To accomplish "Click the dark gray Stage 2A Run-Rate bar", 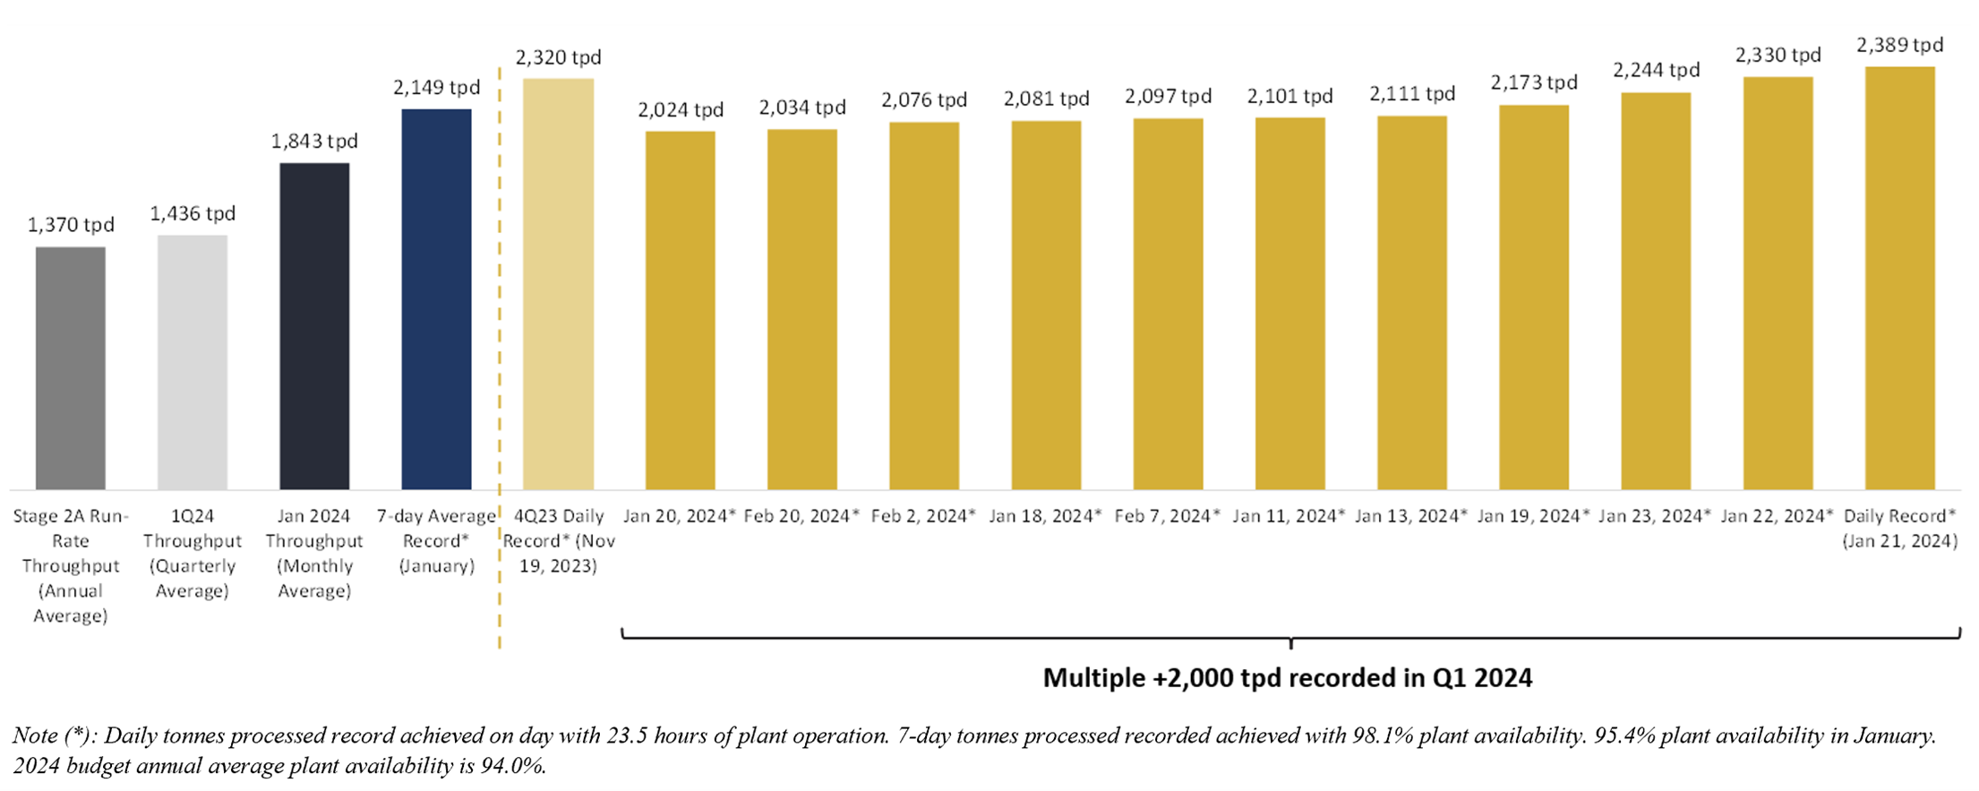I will [x=71, y=367].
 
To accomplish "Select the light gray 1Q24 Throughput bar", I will [x=193, y=362].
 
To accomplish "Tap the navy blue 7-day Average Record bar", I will [x=436, y=299].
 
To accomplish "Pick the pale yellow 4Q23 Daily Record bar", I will [x=558, y=284].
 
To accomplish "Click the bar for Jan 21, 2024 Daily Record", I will [x=1899, y=278].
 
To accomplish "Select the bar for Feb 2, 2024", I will [x=923, y=305].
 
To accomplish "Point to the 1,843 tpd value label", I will [x=314, y=142].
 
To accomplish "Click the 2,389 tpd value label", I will [x=1899, y=45].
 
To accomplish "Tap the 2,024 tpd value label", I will [x=681, y=110].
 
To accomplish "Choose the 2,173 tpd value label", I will [x=1533, y=83].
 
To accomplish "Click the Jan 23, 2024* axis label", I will [x=1655, y=516].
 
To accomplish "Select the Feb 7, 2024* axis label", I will [x=1167, y=516].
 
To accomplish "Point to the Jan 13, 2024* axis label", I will [x=1410, y=516].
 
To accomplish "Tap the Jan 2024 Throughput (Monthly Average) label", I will [x=314, y=553].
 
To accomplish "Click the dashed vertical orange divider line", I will [x=499, y=358].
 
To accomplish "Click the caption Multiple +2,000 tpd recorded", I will [x=1287, y=678].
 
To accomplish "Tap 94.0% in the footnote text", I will [x=517, y=767].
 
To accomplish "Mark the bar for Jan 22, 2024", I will [x=1778, y=283].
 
